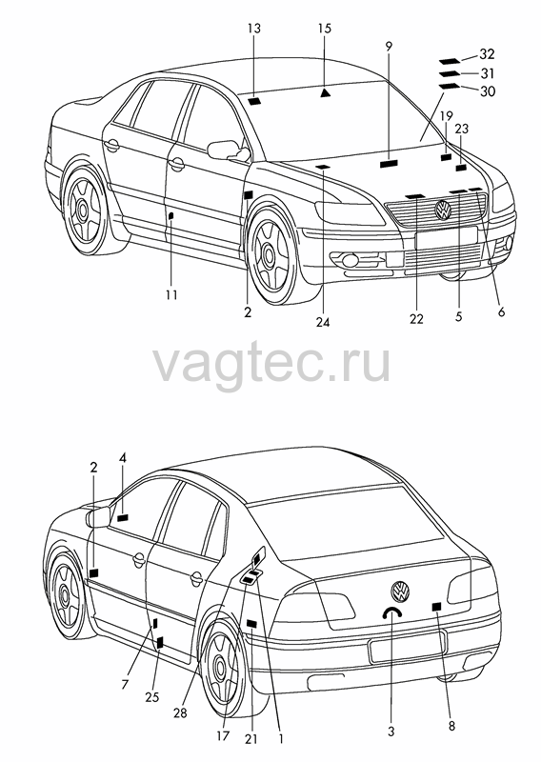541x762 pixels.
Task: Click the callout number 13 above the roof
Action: pyautogui.click(x=253, y=29)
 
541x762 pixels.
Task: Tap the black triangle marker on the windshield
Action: pyautogui.click(x=325, y=92)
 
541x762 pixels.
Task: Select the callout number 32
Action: pyautogui.click(x=487, y=53)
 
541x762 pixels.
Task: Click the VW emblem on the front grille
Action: pyautogui.click(x=443, y=210)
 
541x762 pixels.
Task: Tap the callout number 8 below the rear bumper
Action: pyautogui.click(x=451, y=726)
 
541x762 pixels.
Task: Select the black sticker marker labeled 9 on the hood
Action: pyautogui.click(x=389, y=164)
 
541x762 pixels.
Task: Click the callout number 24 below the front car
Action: pyautogui.click(x=323, y=322)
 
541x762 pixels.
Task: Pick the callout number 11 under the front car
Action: pyautogui.click(x=171, y=294)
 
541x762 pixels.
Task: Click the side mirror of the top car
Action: pyautogui.click(x=228, y=150)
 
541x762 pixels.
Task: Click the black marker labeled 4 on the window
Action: pyautogui.click(x=123, y=517)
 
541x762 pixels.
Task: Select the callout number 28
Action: pyautogui.click(x=180, y=712)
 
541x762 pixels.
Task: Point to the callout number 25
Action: pyautogui.click(x=151, y=697)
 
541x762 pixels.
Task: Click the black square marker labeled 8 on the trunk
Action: pyautogui.click(x=436, y=606)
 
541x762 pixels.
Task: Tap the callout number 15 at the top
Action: pyautogui.click(x=324, y=29)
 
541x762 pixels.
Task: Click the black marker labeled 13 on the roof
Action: pyautogui.click(x=254, y=102)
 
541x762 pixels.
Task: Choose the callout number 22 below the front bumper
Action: pyautogui.click(x=416, y=319)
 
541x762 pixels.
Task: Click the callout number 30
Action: pyautogui.click(x=487, y=90)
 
